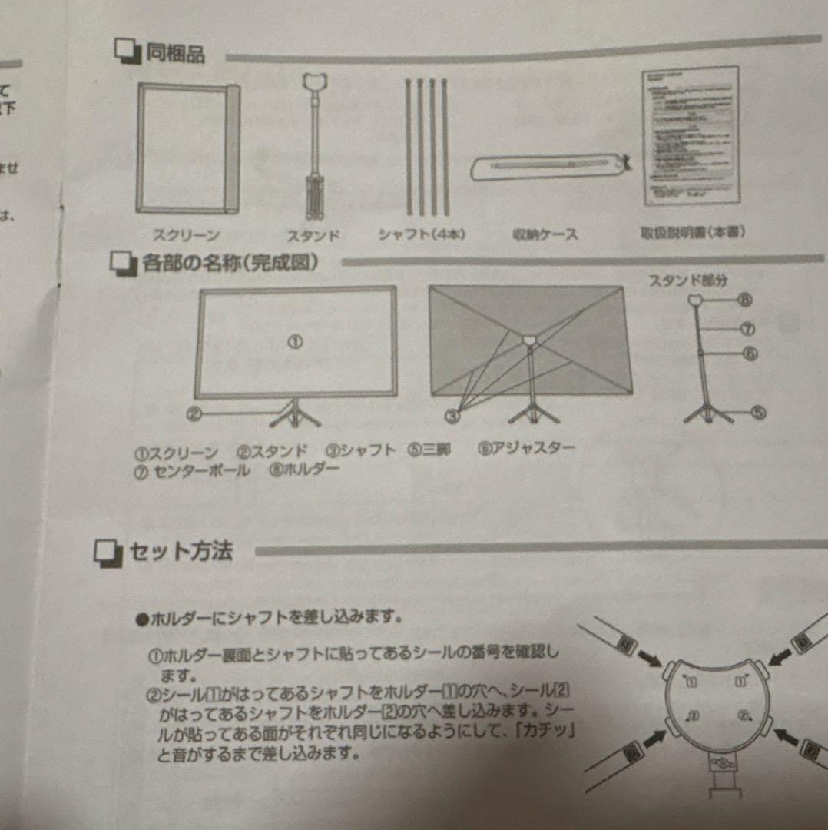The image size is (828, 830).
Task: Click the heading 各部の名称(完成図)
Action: tap(230, 263)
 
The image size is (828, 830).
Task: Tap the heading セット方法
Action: tap(181, 552)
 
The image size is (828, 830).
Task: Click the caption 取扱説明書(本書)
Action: tap(692, 231)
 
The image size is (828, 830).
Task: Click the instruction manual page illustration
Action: tap(691, 135)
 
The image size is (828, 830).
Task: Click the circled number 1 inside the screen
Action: tap(296, 342)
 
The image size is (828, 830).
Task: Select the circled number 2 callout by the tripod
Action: tap(194, 415)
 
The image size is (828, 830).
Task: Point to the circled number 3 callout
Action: tap(453, 416)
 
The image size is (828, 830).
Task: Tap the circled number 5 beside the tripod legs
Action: tap(758, 413)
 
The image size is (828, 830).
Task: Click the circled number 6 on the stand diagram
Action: tap(750, 354)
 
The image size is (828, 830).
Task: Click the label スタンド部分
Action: tap(688, 281)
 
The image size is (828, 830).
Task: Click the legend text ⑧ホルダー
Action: tap(304, 470)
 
